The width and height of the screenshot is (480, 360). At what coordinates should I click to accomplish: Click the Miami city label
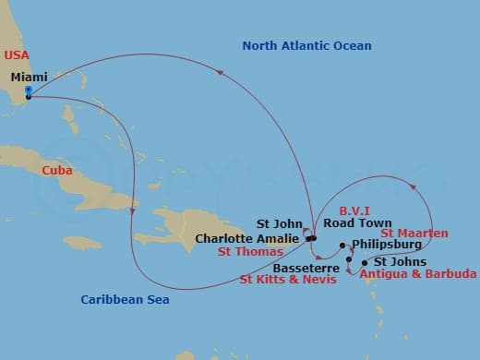29,78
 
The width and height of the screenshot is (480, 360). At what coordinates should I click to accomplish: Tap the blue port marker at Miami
29,90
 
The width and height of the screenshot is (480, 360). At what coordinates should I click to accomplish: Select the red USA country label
17,55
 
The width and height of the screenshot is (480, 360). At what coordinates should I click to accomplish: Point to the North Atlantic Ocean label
306,46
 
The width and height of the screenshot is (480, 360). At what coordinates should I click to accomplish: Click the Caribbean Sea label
125,299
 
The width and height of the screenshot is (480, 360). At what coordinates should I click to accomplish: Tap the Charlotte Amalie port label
247,238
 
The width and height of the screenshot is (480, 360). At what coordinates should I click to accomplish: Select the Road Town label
357,223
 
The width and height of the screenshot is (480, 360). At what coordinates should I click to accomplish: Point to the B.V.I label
355,210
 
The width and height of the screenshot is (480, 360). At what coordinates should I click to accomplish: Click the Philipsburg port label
387,245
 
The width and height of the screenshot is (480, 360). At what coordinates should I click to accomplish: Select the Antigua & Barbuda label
418,274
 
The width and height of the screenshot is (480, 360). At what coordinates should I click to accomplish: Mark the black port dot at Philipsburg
342,246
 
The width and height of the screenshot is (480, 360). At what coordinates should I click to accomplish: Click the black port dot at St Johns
365,262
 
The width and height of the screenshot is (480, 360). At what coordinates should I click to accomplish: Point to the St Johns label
395,261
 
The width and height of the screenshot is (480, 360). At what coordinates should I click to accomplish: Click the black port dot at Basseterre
349,259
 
